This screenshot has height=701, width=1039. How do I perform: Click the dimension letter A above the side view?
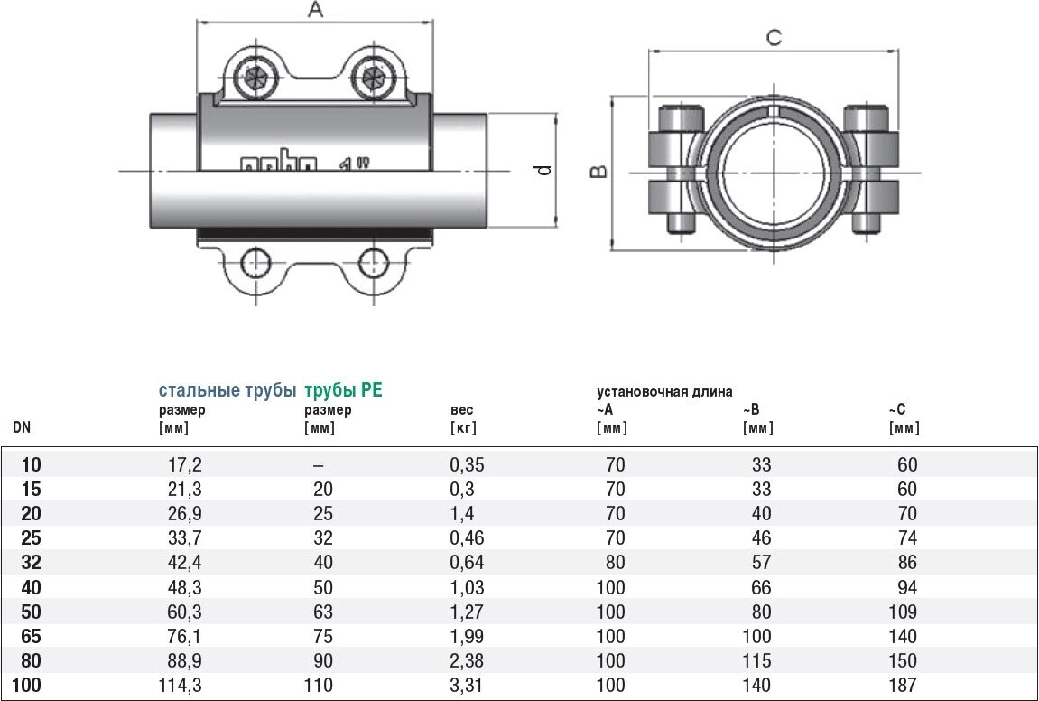coord(315,10)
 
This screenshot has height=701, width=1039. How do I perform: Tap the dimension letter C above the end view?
coord(773,37)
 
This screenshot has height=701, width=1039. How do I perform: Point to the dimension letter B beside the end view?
coord(599,171)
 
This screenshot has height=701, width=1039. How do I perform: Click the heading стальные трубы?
coord(227,390)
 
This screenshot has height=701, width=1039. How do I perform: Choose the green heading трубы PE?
coord(343,390)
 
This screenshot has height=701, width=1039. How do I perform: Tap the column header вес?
coord(461,410)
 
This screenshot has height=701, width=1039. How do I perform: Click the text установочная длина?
coord(664,391)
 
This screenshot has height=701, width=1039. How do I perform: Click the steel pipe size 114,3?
coord(181,686)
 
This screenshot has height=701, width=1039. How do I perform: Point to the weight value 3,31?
coord(467,686)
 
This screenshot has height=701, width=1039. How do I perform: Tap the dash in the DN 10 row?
coord(319,465)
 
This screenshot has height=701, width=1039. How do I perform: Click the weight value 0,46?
coord(467,538)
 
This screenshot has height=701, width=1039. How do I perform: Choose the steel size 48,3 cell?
coord(184,587)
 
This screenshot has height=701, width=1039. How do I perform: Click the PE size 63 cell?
coord(322,612)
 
